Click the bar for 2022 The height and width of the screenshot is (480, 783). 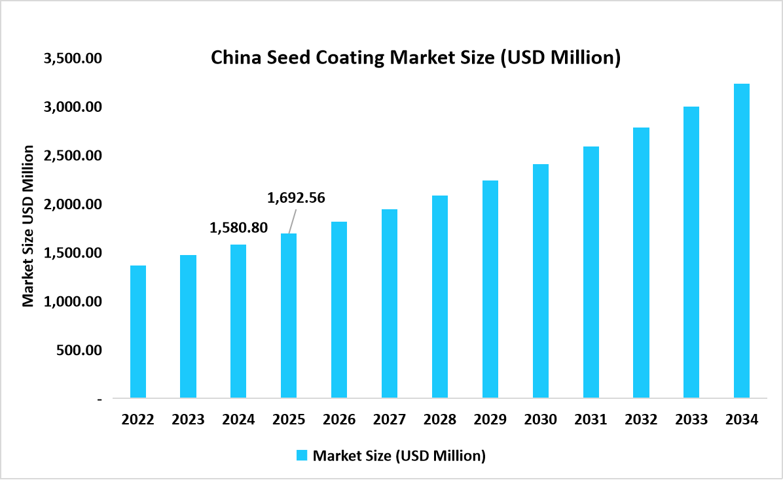click(138, 332)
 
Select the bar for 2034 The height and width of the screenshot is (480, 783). click(742, 241)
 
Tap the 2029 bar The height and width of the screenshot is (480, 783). click(490, 289)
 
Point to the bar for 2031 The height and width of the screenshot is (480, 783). click(591, 272)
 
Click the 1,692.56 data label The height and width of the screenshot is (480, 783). click(297, 197)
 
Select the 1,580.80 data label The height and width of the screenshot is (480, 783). click(238, 228)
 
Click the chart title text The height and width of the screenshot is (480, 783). click(415, 58)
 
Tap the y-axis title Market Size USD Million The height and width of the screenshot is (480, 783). click(28, 226)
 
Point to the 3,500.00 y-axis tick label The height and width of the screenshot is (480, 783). click(73, 58)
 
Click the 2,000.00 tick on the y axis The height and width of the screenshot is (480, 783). click(73, 204)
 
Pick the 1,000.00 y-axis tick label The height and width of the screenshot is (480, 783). click(73, 301)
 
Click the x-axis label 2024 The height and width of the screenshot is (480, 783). click(238, 420)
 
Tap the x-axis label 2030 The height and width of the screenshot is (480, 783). click(540, 420)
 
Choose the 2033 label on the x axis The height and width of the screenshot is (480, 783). click(691, 420)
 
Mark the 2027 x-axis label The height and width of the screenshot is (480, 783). click(390, 420)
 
